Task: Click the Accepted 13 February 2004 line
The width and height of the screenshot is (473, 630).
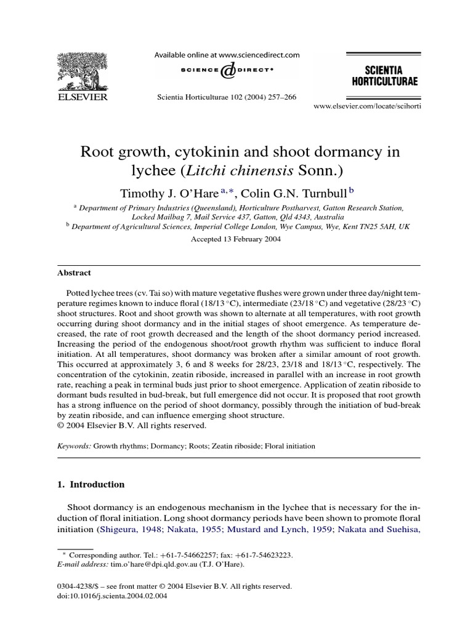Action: click(236, 240)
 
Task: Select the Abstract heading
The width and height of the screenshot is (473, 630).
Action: click(74, 273)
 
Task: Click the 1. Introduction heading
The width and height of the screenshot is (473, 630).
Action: click(91, 484)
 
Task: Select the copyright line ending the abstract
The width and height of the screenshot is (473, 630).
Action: click(132, 425)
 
